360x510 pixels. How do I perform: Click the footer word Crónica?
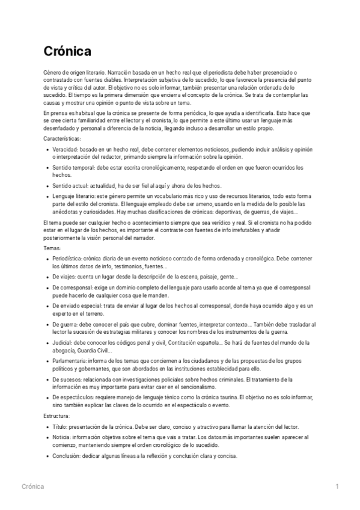tap(32, 486)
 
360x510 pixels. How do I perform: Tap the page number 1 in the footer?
tap(337, 486)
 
